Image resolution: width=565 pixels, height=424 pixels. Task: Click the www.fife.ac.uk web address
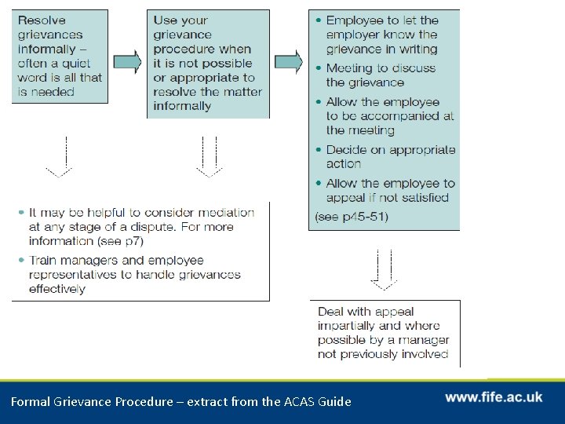(x=494, y=397)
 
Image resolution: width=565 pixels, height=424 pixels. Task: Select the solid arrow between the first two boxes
(x=127, y=61)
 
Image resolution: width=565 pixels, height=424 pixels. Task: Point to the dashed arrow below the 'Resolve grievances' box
(x=59, y=157)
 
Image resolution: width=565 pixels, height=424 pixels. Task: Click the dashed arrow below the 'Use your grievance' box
(x=209, y=157)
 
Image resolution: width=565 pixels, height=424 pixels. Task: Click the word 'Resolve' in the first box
(x=42, y=20)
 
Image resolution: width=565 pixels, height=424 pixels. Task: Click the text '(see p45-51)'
(x=351, y=216)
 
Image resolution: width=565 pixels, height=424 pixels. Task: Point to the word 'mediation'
(x=222, y=213)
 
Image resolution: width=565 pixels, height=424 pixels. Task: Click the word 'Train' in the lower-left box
(x=44, y=260)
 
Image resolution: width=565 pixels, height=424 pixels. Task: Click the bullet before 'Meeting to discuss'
(x=318, y=69)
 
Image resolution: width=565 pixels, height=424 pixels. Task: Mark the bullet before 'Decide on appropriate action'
(x=318, y=150)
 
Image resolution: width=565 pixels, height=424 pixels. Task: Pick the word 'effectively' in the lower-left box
(x=57, y=289)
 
